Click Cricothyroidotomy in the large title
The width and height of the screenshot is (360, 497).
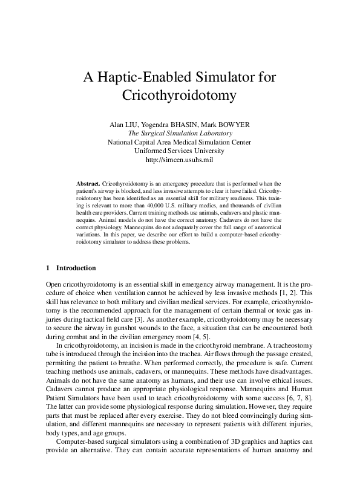(x=179, y=96)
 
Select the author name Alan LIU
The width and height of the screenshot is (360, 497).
(x=124, y=125)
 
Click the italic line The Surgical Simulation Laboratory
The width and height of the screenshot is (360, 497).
(x=180, y=134)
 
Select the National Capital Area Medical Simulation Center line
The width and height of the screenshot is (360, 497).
(x=180, y=142)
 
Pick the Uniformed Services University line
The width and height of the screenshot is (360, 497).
(x=180, y=151)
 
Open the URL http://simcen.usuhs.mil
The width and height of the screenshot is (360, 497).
(x=180, y=160)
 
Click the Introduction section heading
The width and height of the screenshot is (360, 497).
(x=75, y=268)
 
